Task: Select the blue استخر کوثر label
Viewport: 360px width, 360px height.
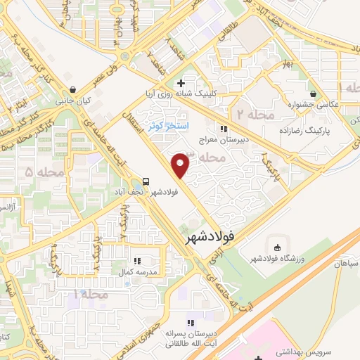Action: (165, 126)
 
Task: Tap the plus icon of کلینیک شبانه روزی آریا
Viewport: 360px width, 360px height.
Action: (181, 83)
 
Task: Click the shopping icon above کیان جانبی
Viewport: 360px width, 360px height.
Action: (74, 89)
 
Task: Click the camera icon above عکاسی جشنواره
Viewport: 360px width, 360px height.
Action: (311, 92)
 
